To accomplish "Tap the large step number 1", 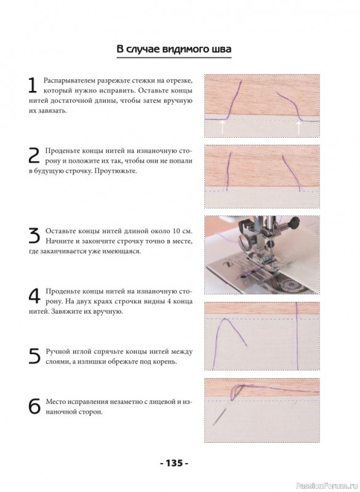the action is pyautogui.click(x=33, y=85).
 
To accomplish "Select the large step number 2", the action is pyautogui.click(x=34, y=156).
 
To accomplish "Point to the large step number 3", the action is pyautogui.click(x=34, y=236).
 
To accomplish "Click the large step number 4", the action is pyautogui.click(x=34, y=296).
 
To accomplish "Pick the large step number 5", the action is pyautogui.click(x=34, y=357).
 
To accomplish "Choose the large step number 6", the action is pyautogui.click(x=34, y=407).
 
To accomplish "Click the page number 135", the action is pyautogui.click(x=174, y=463).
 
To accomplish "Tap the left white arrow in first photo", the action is pyautogui.click(x=222, y=127).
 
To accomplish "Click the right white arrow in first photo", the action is pyautogui.click(x=298, y=128).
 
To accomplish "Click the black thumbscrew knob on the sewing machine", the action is pyautogui.click(x=293, y=223).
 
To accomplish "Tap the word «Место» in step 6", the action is pyautogui.click(x=56, y=402).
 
